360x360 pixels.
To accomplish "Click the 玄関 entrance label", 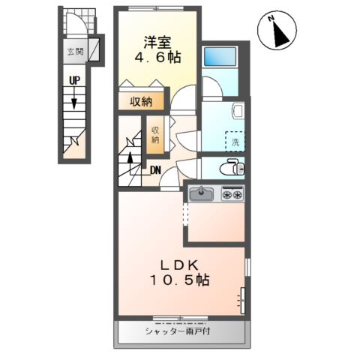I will pos(74,52).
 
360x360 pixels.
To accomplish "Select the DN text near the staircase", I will pos(155,170).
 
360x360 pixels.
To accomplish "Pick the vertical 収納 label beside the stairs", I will pos(155,134).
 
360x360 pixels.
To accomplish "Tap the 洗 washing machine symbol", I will pos(235,140).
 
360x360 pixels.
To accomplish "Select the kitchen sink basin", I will pos(201,195).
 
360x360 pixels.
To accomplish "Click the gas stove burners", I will pos(232,195).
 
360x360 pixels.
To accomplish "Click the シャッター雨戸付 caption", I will pos(181,330).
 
